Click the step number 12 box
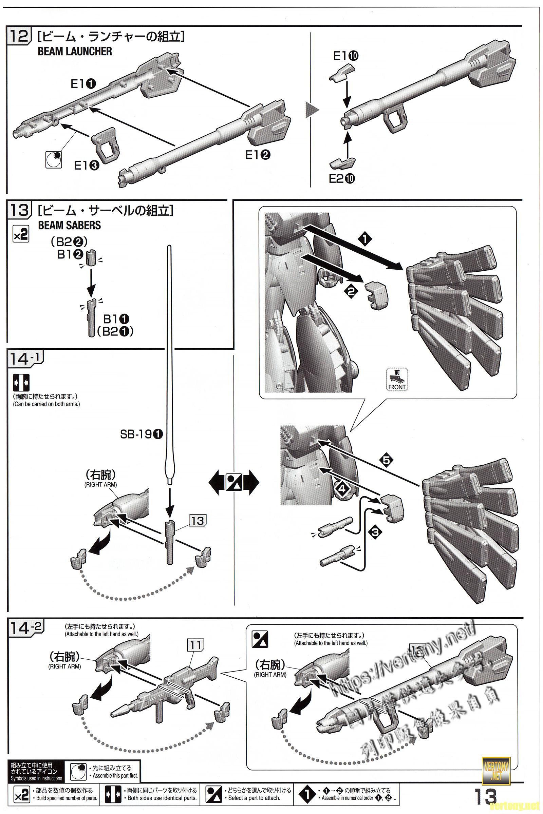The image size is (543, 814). point(19,36)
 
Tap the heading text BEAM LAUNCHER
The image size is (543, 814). point(75,52)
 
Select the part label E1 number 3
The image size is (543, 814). point(87,166)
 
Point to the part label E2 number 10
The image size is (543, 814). point(342,179)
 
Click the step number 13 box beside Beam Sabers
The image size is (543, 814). point(19,210)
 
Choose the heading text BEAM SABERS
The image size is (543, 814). point(69,225)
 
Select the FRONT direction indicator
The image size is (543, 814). point(397,380)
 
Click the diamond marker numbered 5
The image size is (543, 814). point(387,460)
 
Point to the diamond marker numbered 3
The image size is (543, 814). point(375,531)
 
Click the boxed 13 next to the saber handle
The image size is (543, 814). point(198,521)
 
